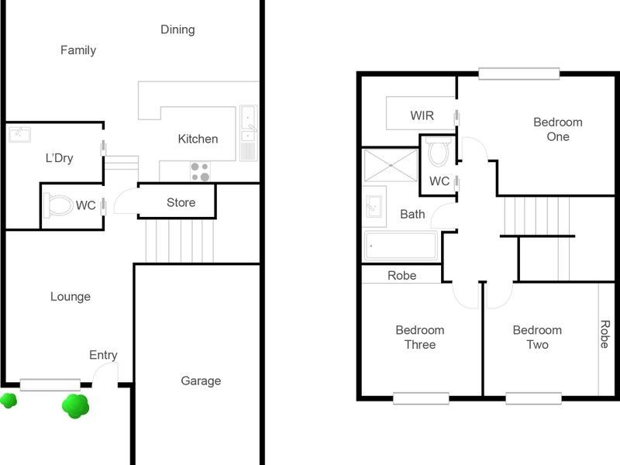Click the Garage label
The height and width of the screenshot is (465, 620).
coord(201,381)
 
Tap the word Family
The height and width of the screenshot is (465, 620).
coord(78,50)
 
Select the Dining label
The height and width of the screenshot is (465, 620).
coord(177,29)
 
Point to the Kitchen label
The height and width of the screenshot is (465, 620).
coord(198,139)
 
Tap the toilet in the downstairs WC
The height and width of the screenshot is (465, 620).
coord(59,205)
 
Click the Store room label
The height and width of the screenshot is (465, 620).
coord(181,203)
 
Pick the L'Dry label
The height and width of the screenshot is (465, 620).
coord(59,158)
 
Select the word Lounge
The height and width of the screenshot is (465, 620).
coord(71,296)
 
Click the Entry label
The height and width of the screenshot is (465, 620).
coord(103,355)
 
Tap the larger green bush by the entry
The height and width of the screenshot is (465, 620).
coord(75,405)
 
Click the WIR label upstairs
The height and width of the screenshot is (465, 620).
coord(422,116)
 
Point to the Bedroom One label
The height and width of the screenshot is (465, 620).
coord(558,129)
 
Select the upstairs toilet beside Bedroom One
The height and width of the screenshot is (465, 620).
coord(439,153)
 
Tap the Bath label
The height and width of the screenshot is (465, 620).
coord(412,214)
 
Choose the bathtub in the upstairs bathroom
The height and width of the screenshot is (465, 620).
coord(401,246)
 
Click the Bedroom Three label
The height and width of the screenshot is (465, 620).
coord(420,337)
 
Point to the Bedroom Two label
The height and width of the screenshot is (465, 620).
coord(537,337)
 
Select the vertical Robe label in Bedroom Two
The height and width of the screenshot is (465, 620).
coord(604,333)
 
